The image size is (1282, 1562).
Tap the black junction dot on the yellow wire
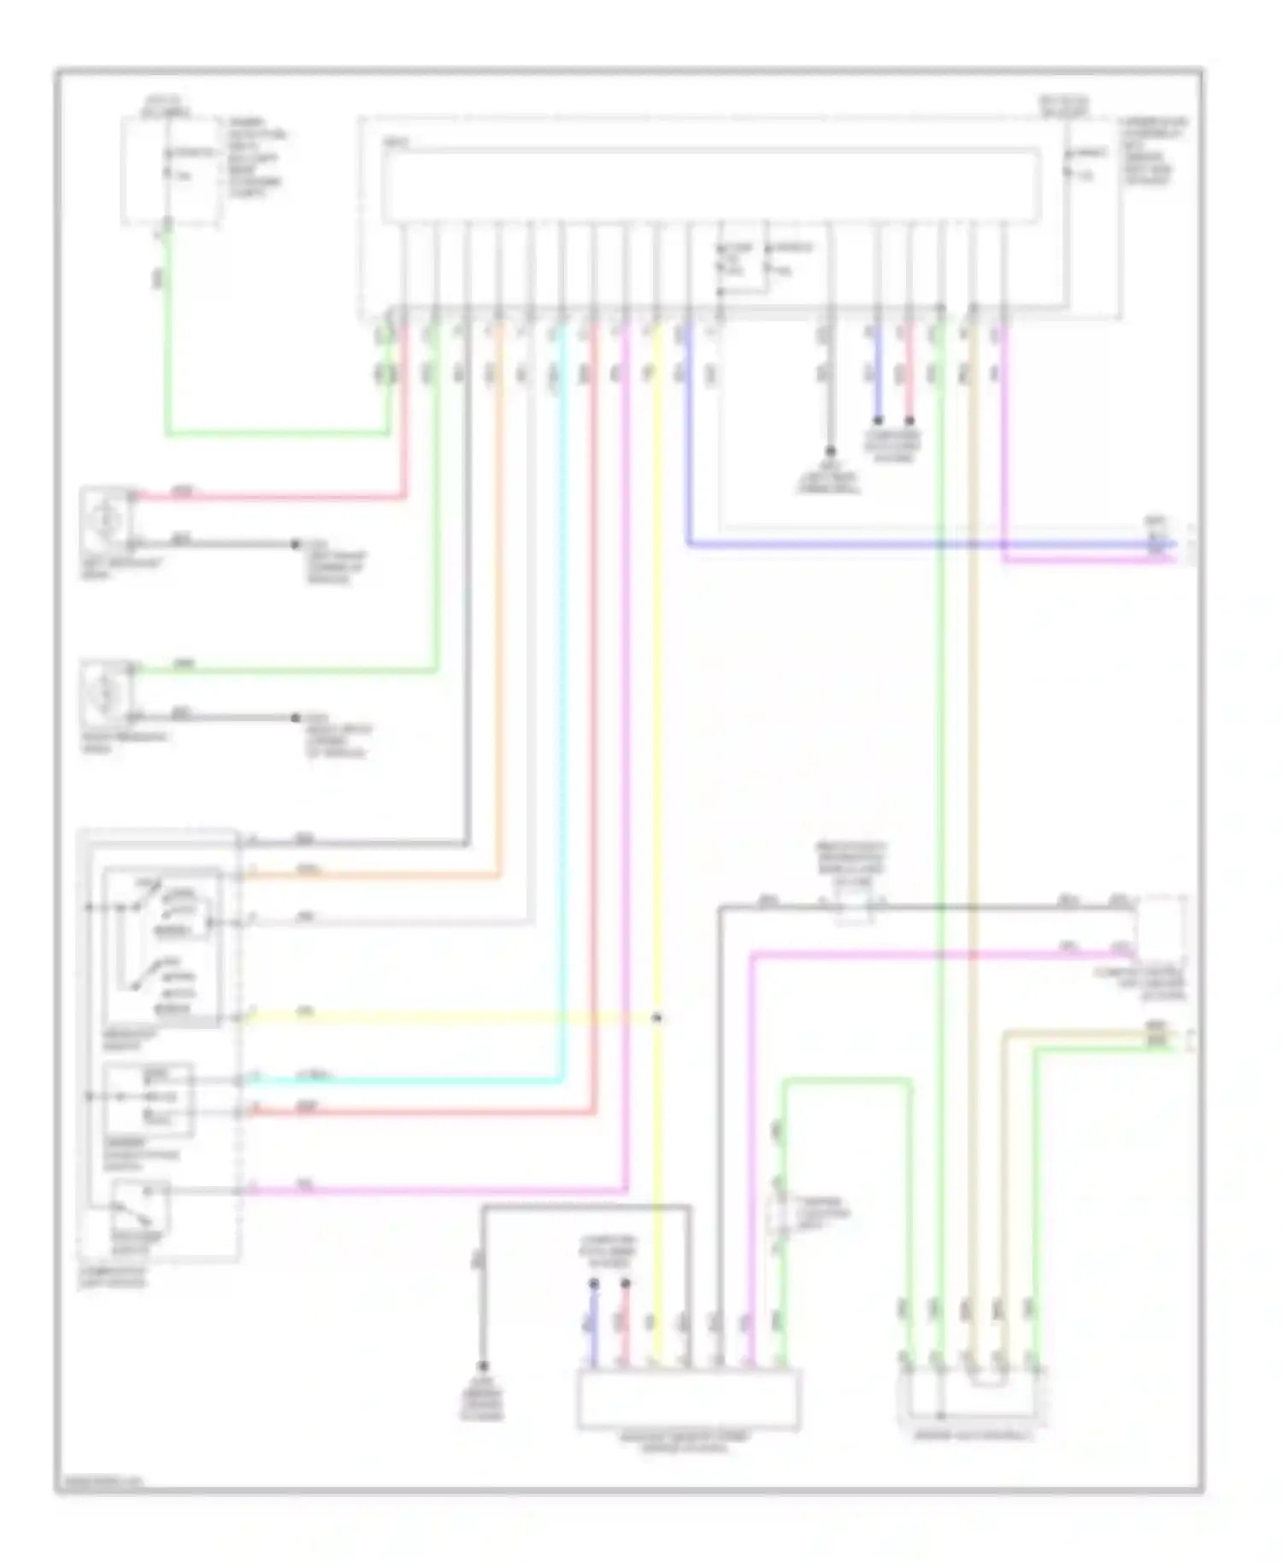657,1018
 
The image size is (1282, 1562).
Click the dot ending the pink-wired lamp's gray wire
296,544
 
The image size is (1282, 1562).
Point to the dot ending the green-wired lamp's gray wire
296,718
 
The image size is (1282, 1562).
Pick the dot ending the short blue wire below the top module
877,420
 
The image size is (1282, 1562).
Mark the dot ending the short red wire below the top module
909,420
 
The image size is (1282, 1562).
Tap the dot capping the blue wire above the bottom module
594,1283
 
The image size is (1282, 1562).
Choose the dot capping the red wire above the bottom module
626,1283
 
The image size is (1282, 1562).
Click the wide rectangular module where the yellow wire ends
689,1399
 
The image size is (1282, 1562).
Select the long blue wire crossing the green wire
855,543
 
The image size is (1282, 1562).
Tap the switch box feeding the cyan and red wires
148,1100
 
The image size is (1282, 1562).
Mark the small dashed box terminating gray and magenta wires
1161,929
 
